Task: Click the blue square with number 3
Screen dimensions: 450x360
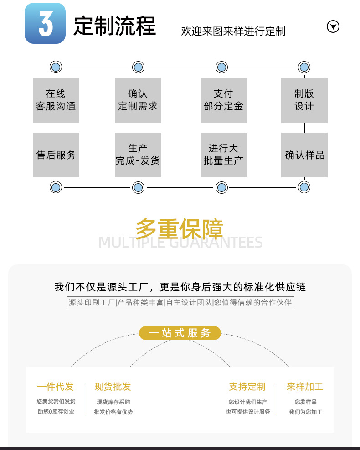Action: click(45, 23)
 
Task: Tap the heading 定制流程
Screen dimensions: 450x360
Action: click(115, 26)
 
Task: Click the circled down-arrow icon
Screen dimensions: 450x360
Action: click(334, 27)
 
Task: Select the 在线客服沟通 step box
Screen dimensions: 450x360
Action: click(56, 100)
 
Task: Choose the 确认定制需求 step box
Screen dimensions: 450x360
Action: click(138, 100)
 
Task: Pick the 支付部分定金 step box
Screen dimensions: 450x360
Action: click(223, 100)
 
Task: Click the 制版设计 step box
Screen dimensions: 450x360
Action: click(304, 100)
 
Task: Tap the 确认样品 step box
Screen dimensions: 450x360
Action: click(304, 155)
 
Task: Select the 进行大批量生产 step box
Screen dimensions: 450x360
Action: click(223, 155)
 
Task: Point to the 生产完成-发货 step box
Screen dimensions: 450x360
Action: click(138, 155)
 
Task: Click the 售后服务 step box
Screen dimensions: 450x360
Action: click(56, 155)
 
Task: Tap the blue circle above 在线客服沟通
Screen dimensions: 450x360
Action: click(56, 67)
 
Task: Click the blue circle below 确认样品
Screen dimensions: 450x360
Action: click(304, 187)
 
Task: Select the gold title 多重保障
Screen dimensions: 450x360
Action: click(179, 228)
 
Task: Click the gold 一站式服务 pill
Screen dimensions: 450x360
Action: click(180, 333)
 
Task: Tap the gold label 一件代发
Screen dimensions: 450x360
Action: click(55, 387)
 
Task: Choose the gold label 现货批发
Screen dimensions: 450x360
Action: click(113, 387)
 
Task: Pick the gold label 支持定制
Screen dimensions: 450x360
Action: click(247, 387)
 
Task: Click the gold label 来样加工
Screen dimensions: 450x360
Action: click(305, 387)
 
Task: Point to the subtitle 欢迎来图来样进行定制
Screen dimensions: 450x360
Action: click(233, 31)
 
